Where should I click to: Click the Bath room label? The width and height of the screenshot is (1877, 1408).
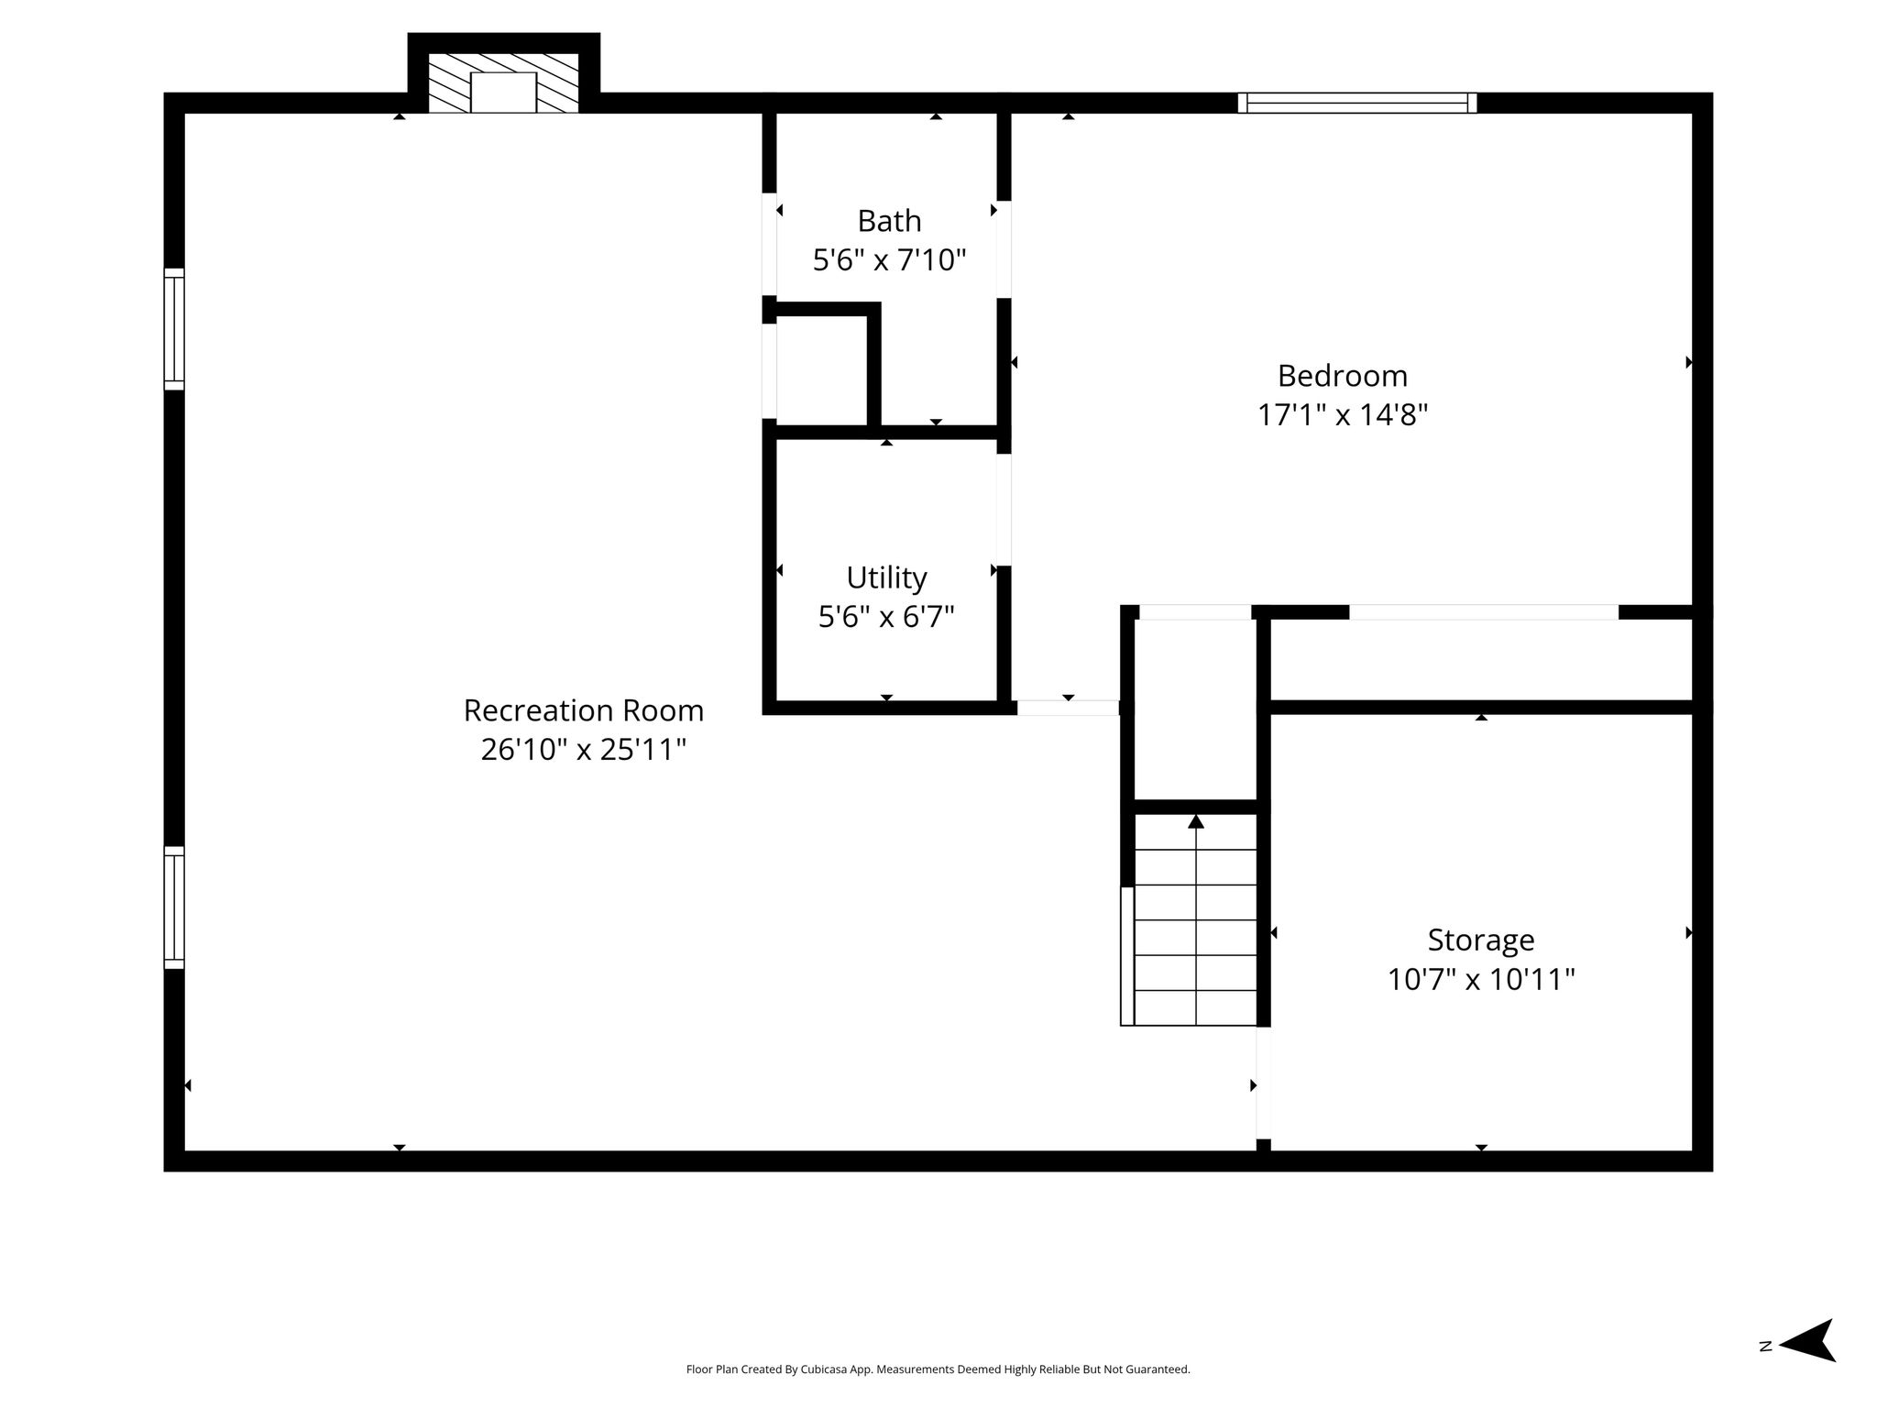(x=889, y=221)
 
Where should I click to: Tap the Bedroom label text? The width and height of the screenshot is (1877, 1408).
(x=1343, y=377)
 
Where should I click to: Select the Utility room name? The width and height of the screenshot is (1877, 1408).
(x=886, y=578)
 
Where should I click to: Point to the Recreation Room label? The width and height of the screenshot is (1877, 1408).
(x=584, y=710)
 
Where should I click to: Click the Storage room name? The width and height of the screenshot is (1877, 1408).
(x=1481, y=940)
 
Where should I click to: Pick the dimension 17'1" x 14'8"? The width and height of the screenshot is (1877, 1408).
(x=1343, y=415)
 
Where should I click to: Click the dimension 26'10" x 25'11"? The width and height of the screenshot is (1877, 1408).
(x=584, y=750)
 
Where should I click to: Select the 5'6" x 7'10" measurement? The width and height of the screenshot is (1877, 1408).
(x=889, y=260)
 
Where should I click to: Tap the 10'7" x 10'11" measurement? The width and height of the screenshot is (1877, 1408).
(x=1481, y=980)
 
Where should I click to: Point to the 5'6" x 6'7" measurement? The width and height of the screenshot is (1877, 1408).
(x=886, y=617)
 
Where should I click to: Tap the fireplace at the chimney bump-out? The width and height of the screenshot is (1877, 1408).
(x=503, y=82)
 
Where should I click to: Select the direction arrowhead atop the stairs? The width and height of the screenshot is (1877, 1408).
(x=1196, y=821)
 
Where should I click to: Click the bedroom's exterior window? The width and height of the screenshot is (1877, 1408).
(x=1357, y=103)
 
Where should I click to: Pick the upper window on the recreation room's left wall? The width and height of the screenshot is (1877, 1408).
(x=174, y=329)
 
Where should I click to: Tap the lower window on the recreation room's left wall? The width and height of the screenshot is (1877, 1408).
(x=174, y=907)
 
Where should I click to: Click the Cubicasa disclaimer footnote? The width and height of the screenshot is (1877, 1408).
(x=938, y=1369)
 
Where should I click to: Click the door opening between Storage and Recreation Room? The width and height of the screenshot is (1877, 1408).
(x=1263, y=1083)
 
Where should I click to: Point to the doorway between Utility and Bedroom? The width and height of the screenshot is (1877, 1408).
(x=1004, y=510)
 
